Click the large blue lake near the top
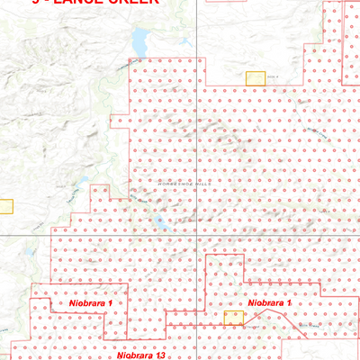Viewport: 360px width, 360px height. pyautogui.click(x=139, y=40)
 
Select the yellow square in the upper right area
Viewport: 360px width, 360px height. pyautogui.click(x=257, y=79)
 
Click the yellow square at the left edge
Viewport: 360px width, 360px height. pyautogui.click(x=5, y=205)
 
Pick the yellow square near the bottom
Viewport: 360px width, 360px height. pyautogui.click(x=233, y=318)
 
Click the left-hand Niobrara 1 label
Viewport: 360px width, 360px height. pyautogui.click(x=90, y=304)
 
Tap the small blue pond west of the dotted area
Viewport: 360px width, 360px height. pyautogui.click(x=79, y=185)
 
